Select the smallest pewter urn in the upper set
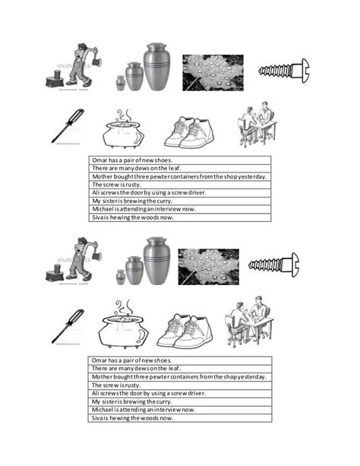click(x=120, y=82)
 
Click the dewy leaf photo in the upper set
click(x=212, y=72)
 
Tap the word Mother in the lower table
click(x=103, y=377)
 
